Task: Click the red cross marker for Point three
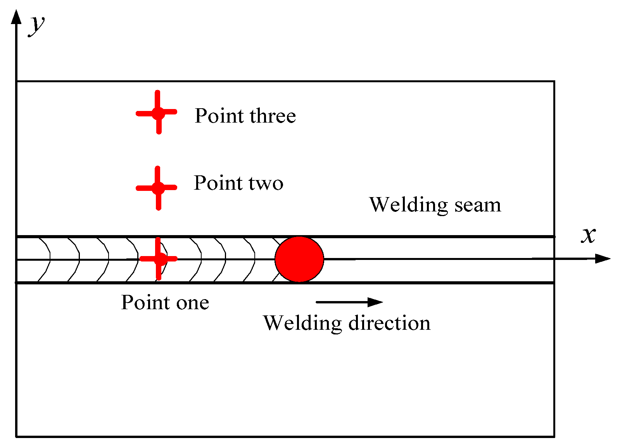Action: pos(158,113)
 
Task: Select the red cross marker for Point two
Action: pos(158,188)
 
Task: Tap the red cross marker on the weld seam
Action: pos(158,259)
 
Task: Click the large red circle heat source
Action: pos(299,259)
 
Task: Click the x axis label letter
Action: pos(588,235)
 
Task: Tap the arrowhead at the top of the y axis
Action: pos(16,17)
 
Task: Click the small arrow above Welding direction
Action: pos(349,302)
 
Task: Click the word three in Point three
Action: pos(273,116)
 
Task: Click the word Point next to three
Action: pos(219,116)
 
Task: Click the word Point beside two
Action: pos(218,183)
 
